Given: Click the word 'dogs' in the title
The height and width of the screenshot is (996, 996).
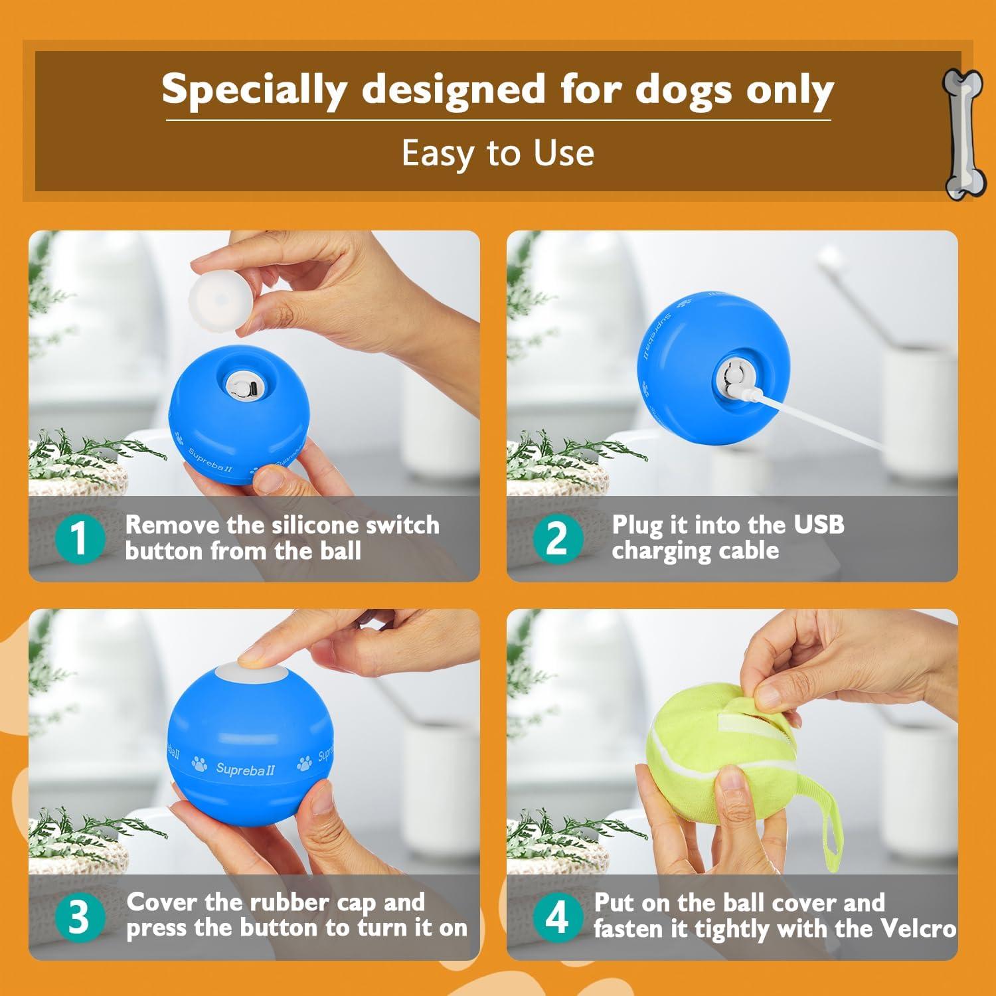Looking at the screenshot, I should pyautogui.click(x=685, y=89).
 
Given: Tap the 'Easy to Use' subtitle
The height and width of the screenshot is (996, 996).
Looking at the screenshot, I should pyautogui.click(x=497, y=153).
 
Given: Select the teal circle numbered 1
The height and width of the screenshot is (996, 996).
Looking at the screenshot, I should pyautogui.click(x=80, y=538).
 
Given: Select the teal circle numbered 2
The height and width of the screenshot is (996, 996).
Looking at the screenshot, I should pyautogui.click(x=558, y=538).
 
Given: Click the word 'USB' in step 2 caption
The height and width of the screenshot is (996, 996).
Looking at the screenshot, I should pyautogui.click(x=819, y=525).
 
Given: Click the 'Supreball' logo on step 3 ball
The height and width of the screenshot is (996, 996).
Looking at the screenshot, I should pyautogui.click(x=245, y=770).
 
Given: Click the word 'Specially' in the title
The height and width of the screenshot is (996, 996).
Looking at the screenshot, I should pyautogui.click(x=254, y=89).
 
